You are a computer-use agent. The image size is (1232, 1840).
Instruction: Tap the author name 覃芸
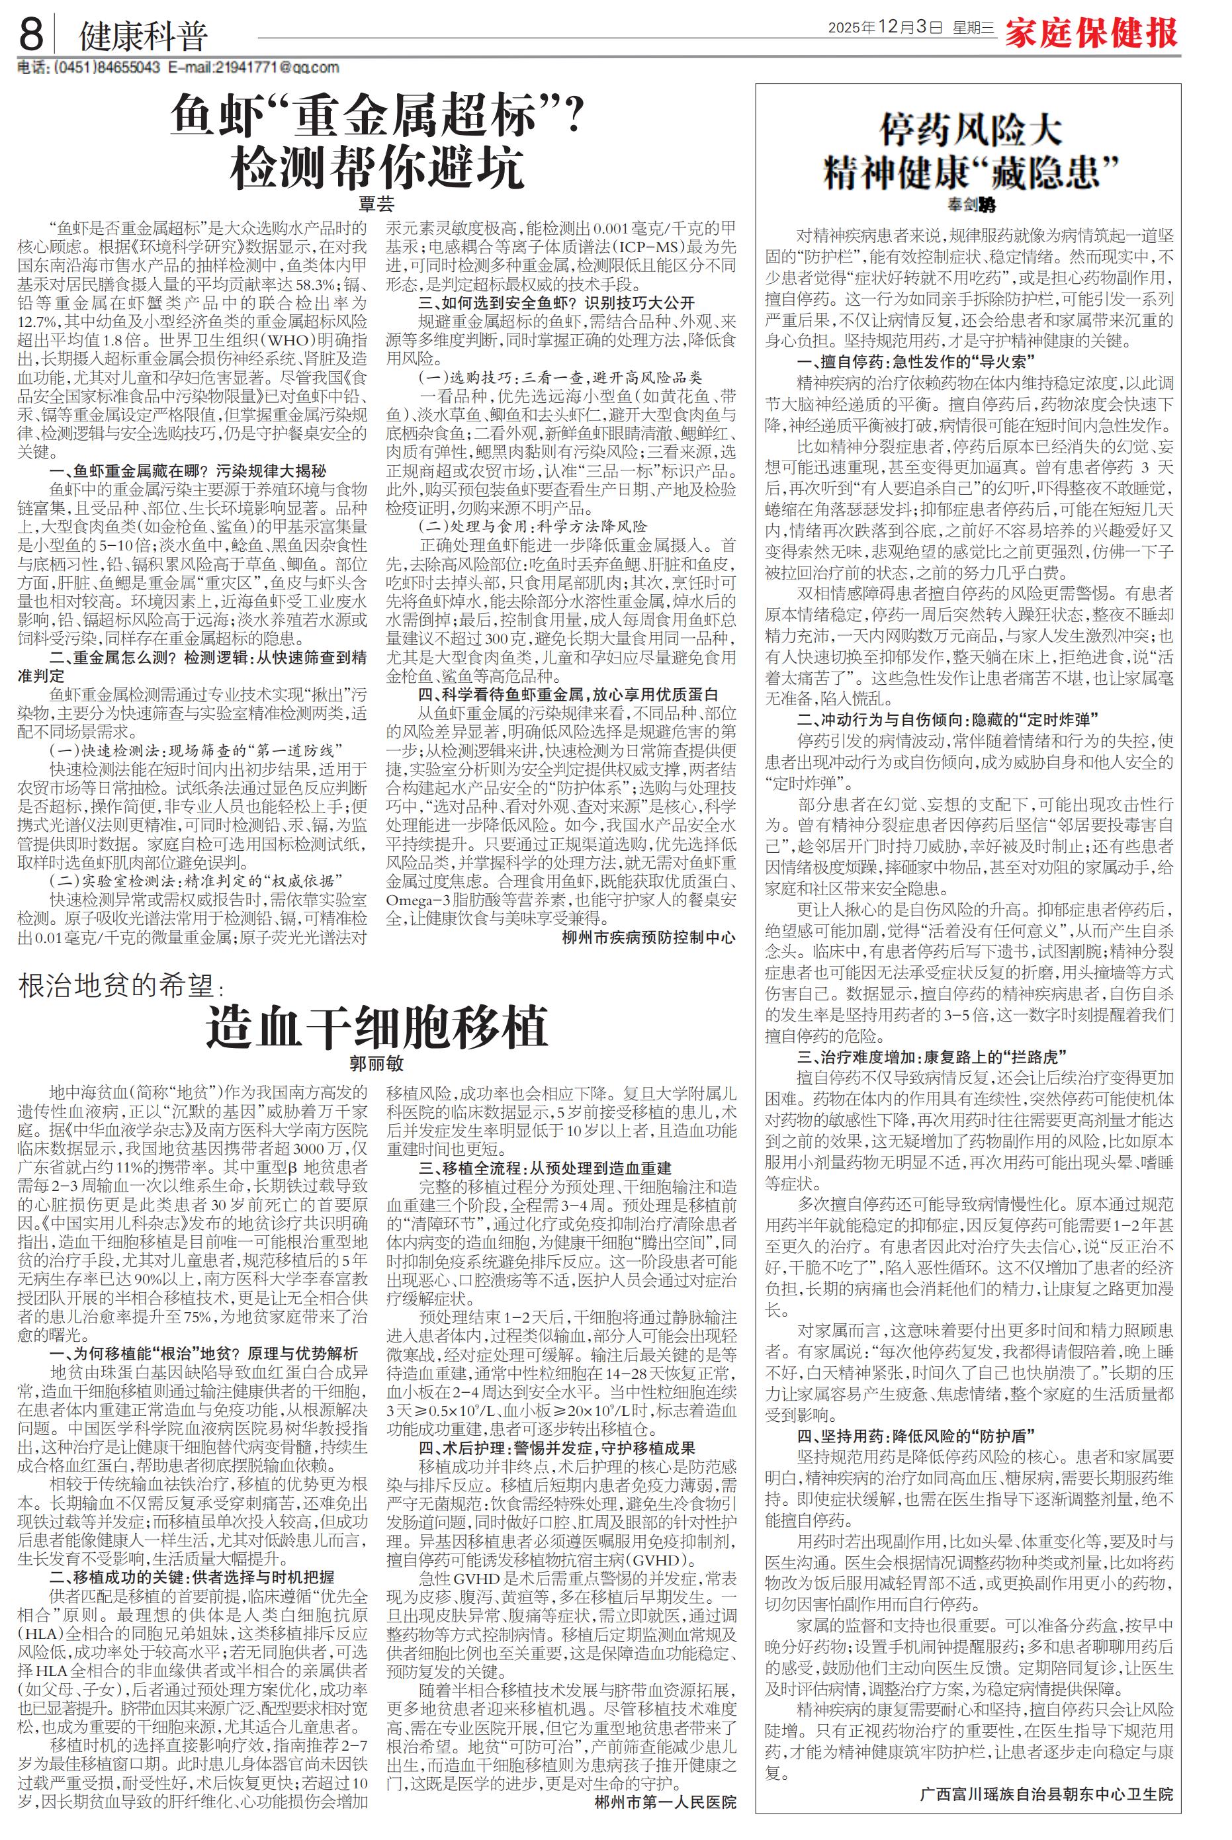(x=376, y=204)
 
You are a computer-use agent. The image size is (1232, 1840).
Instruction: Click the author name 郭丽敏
(x=376, y=1064)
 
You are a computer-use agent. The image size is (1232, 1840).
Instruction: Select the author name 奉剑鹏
(x=971, y=205)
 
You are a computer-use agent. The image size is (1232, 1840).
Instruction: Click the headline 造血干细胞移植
(x=376, y=1026)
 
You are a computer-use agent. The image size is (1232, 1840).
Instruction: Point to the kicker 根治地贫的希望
(x=118, y=986)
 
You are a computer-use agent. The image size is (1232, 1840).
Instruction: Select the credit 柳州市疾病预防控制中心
(x=649, y=938)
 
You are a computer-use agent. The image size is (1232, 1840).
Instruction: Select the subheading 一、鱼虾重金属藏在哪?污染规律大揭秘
(x=188, y=470)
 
